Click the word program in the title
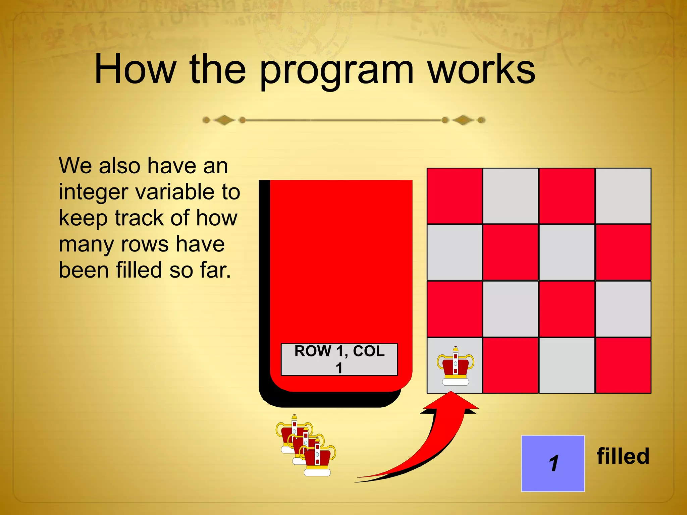(x=336, y=71)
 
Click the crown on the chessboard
(x=455, y=366)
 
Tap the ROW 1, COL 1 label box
(x=339, y=359)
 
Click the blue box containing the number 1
(x=553, y=463)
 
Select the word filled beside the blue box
(x=623, y=456)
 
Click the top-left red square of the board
(x=455, y=196)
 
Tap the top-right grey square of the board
(x=623, y=196)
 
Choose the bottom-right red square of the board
(x=623, y=365)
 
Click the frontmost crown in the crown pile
(x=317, y=459)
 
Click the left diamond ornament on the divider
(x=224, y=120)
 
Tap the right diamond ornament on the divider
(x=463, y=120)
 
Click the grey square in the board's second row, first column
(x=455, y=252)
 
